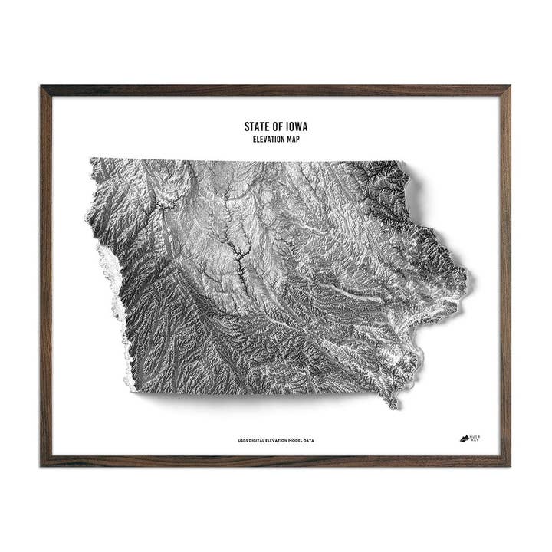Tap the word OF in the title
276,127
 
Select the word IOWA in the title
297,127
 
